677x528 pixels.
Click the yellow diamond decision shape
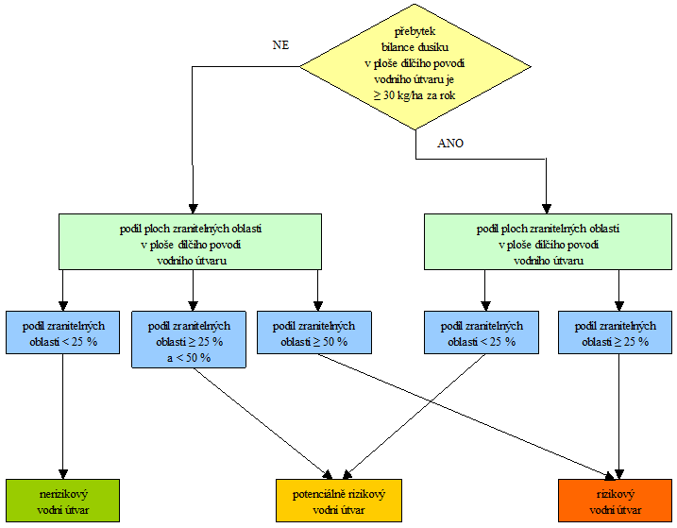pyautogui.click(x=415, y=66)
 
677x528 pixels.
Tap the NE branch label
pyautogui.click(x=280, y=45)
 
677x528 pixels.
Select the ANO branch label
pyautogui.click(x=450, y=144)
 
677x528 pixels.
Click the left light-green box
pyautogui.click(x=190, y=242)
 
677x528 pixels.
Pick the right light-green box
pyautogui.click(x=548, y=242)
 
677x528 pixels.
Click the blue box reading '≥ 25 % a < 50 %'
pyautogui.click(x=189, y=340)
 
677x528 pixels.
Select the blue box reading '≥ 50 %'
pyautogui.click(x=314, y=332)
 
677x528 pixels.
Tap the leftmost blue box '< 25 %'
pyautogui.click(x=62, y=332)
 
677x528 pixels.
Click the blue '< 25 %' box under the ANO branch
pyautogui.click(x=482, y=332)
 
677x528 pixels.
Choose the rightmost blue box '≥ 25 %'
pyautogui.click(x=616, y=332)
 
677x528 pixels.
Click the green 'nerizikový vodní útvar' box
pyautogui.click(x=62, y=501)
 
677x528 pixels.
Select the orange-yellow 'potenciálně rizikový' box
pyautogui.click(x=339, y=501)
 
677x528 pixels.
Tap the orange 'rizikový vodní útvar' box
pyautogui.click(x=616, y=501)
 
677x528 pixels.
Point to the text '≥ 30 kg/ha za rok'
pyautogui.click(x=415, y=95)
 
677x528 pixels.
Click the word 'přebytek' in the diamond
pyautogui.click(x=415, y=31)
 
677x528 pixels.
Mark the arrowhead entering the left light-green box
pyautogui.click(x=193, y=208)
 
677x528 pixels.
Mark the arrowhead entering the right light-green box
pyautogui.click(x=547, y=208)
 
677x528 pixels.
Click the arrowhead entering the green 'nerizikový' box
pyautogui.click(x=63, y=473)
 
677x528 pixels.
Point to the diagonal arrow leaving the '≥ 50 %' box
pyautogui.click(x=465, y=417)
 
